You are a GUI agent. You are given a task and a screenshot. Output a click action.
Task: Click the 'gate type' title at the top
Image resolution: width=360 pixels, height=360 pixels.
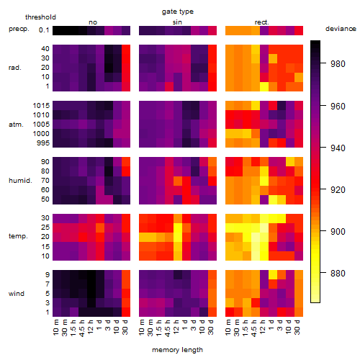[x=178, y=12]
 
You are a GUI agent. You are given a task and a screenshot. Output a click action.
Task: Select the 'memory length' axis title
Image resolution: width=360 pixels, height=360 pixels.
[x=177, y=350]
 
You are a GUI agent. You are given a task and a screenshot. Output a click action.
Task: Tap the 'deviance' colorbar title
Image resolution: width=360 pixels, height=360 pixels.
[x=341, y=29]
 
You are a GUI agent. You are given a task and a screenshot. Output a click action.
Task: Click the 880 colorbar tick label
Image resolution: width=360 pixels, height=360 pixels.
[x=338, y=273]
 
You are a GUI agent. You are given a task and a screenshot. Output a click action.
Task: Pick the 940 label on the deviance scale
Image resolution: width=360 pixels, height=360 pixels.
[x=338, y=148]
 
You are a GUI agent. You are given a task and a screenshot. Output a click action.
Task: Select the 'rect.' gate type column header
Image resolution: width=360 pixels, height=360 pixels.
[x=261, y=22]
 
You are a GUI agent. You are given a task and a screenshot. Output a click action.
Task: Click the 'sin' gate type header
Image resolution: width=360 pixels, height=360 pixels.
[x=177, y=22]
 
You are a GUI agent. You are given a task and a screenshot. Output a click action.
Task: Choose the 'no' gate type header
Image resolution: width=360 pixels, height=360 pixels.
[x=93, y=22]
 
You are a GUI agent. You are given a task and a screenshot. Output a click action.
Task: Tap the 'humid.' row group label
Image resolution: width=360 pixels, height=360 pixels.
[x=20, y=181]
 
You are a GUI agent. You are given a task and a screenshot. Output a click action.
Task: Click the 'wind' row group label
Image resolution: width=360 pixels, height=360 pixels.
[x=17, y=294]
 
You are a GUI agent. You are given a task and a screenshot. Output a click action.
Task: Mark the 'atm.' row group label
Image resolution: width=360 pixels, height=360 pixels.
[x=16, y=125]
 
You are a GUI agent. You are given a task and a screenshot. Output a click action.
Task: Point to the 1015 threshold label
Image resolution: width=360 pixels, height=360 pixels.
[x=41, y=106]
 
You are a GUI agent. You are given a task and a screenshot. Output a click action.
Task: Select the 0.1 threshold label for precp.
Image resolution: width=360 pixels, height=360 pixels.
[x=44, y=30]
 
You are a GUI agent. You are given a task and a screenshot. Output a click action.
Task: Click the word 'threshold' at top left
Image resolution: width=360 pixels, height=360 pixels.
[x=40, y=17]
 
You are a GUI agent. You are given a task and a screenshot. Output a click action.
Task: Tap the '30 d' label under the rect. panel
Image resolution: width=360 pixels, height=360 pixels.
[x=297, y=327]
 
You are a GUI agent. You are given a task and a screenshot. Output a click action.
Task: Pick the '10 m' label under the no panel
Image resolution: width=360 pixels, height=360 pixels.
[x=55, y=327]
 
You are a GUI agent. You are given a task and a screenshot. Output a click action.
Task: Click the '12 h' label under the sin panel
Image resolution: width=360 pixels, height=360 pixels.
[x=176, y=327]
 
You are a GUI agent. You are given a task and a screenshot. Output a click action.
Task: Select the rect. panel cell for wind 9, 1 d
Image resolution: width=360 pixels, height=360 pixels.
[x=273, y=275]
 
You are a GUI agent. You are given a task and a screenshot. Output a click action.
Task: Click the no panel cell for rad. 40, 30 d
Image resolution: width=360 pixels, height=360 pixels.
[x=126, y=49]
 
